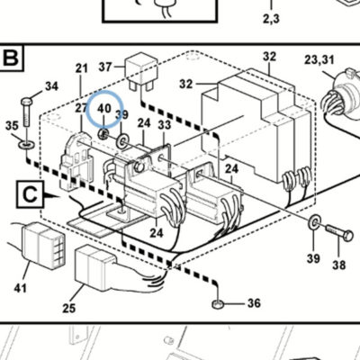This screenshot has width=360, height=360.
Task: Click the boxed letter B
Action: point(12,58)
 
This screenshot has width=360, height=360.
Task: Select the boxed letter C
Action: point(30,194)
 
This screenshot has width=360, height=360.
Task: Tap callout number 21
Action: point(81,68)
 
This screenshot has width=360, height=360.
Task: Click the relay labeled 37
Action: point(141,71)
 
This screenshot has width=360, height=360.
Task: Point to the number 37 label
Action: point(105,67)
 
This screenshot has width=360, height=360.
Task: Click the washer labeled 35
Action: point(26,145)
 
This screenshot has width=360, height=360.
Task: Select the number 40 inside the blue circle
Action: point(104,108)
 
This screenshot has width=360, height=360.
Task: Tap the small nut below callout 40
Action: point(103,134)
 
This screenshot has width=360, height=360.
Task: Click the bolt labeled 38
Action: point(339,233)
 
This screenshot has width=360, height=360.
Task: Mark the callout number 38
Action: point(338,265)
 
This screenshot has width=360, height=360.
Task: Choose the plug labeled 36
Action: point(218,304)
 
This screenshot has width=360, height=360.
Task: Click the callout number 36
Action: point(254,303)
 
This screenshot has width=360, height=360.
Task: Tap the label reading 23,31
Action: point(319,59)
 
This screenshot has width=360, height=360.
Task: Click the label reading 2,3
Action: point(271,19)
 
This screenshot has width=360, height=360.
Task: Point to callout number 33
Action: point(164,124)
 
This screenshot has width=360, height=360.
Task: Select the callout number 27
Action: point(81,108)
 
